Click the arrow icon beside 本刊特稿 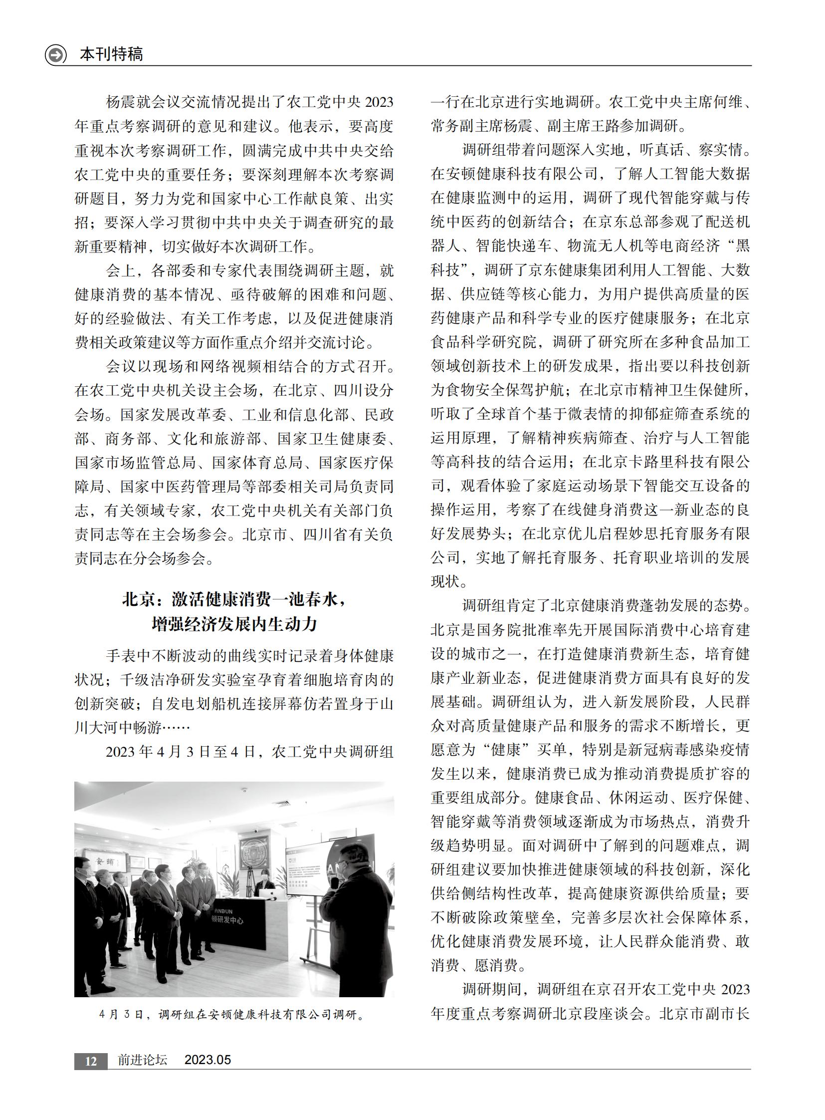click(x=55, y=54)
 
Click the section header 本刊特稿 click(x=111, y=54)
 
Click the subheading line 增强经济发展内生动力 click(x=234, y=624)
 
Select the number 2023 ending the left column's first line click(x=380, y=102)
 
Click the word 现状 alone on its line click(x=445, y=582)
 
